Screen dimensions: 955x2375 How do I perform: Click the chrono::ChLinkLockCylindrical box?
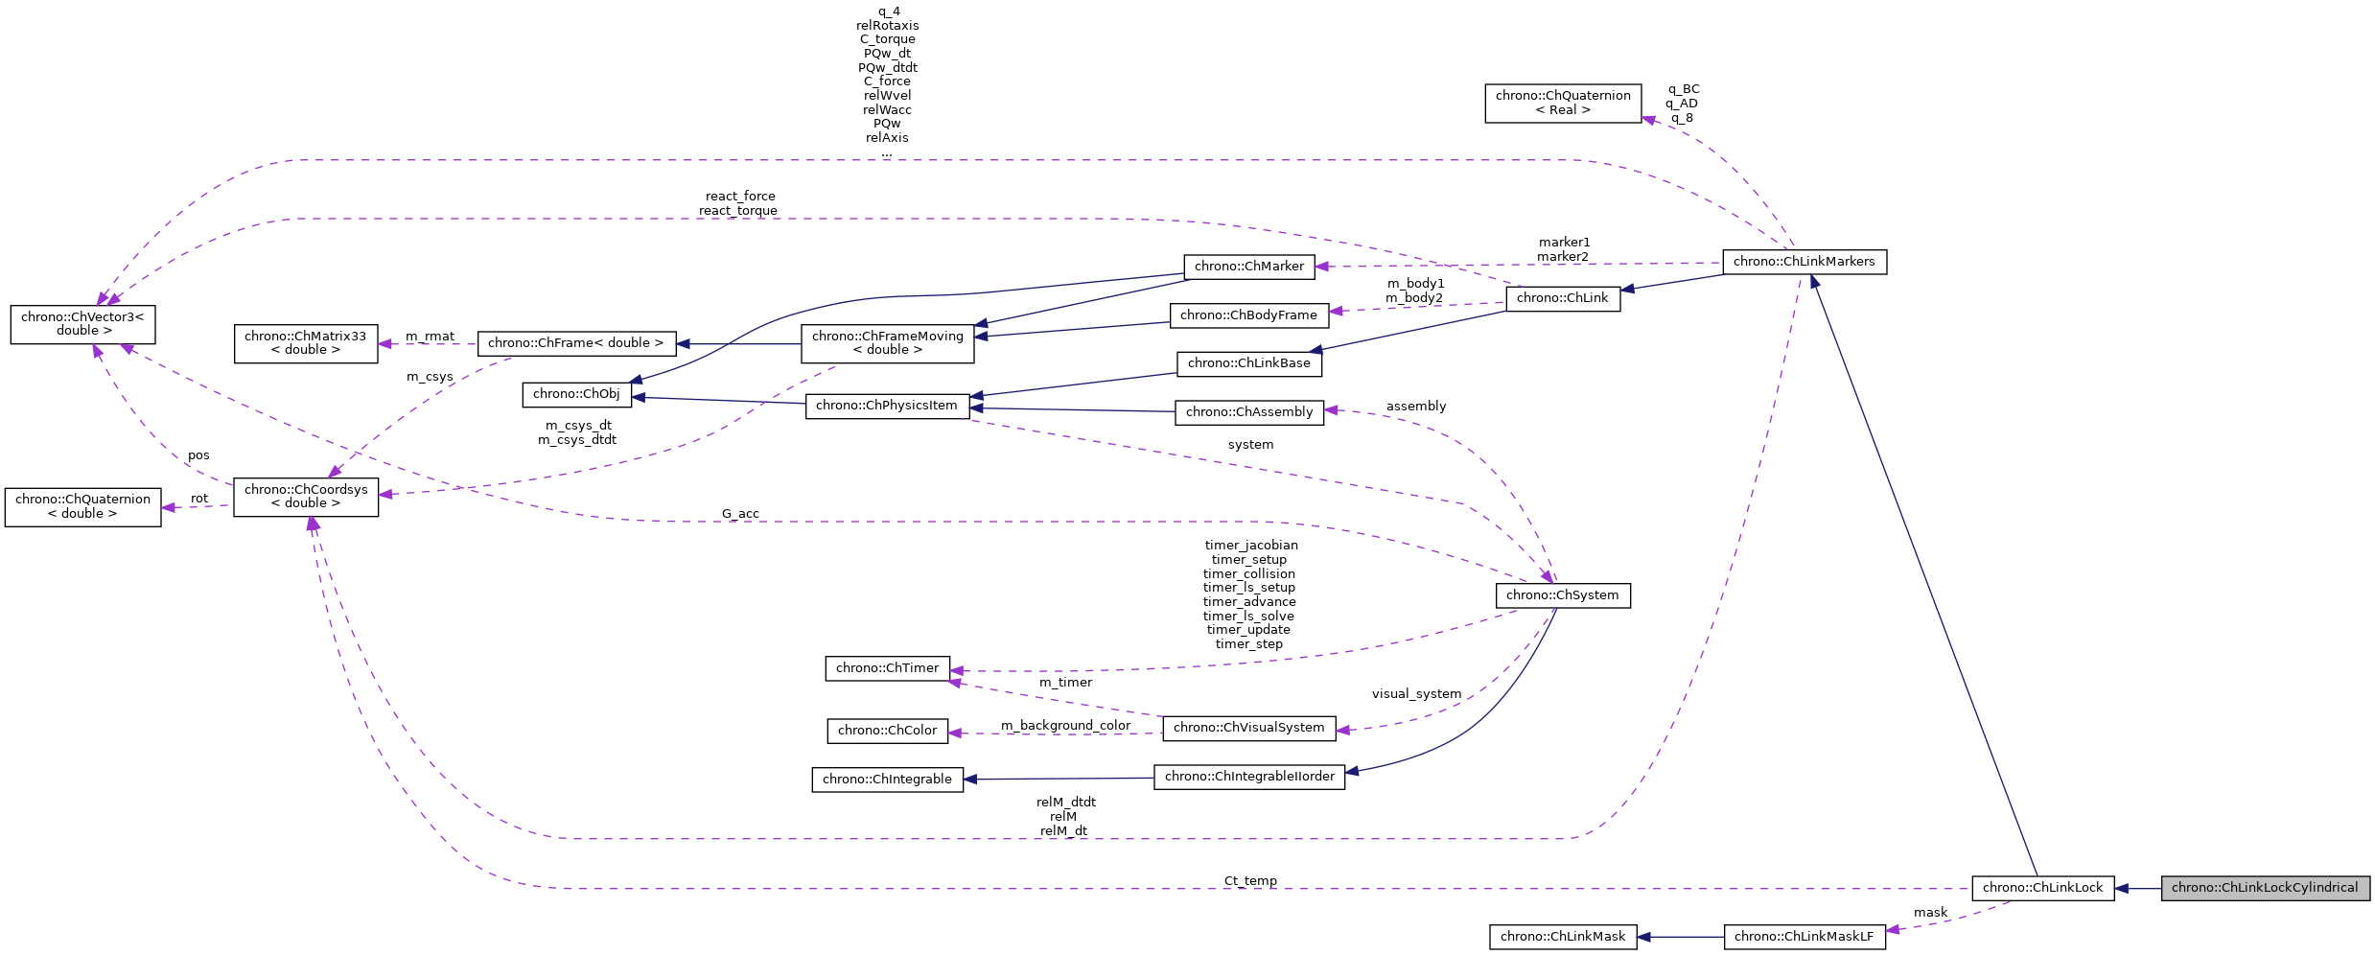point(2265,888)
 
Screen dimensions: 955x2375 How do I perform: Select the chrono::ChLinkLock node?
point(2042,888)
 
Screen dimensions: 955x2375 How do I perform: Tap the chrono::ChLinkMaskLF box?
point(1804,937)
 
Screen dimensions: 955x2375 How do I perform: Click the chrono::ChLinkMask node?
point(1563,937)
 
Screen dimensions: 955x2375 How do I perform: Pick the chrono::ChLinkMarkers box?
point(1804,262)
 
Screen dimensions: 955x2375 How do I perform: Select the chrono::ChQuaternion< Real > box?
point(1563,103)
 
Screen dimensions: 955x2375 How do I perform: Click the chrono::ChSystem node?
point(1562,595)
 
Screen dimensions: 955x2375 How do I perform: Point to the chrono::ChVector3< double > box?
point(82,324)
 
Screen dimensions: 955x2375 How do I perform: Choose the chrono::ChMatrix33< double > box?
point(305,343)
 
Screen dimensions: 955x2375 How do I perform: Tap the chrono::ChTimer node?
point(887,668)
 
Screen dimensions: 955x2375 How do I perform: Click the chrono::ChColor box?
point(887,731)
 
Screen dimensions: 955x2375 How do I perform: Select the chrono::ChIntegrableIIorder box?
point(1249,777)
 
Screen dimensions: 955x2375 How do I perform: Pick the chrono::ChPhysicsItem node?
point(887,406)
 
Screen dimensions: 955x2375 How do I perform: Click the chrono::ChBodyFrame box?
point(1248,315)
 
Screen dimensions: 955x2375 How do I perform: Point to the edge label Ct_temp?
point(1250,880)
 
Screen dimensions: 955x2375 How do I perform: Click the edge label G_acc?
point(740,514)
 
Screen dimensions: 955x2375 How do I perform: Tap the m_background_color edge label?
point(1066,726)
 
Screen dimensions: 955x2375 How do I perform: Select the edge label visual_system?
point(1416,694)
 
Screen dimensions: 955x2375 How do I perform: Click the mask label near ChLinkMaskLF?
point(1930,913)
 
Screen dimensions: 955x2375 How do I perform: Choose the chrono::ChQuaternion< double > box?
point(82,506)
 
